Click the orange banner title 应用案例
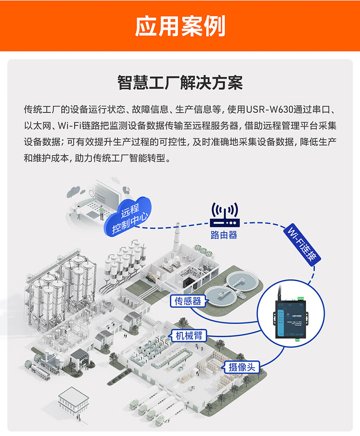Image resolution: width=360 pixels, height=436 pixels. click(180, 26)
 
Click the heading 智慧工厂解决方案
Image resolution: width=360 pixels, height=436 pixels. click(180, 84)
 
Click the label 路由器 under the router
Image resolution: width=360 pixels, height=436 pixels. click(224, 235)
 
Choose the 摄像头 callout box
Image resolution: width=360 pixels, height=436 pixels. click(242, 367)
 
